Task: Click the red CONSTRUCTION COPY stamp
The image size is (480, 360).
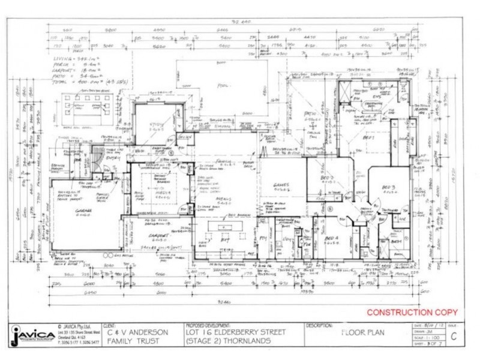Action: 412,313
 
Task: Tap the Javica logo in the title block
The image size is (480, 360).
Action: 28,336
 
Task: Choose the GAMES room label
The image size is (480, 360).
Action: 281,185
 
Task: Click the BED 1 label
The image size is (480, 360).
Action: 368,137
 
